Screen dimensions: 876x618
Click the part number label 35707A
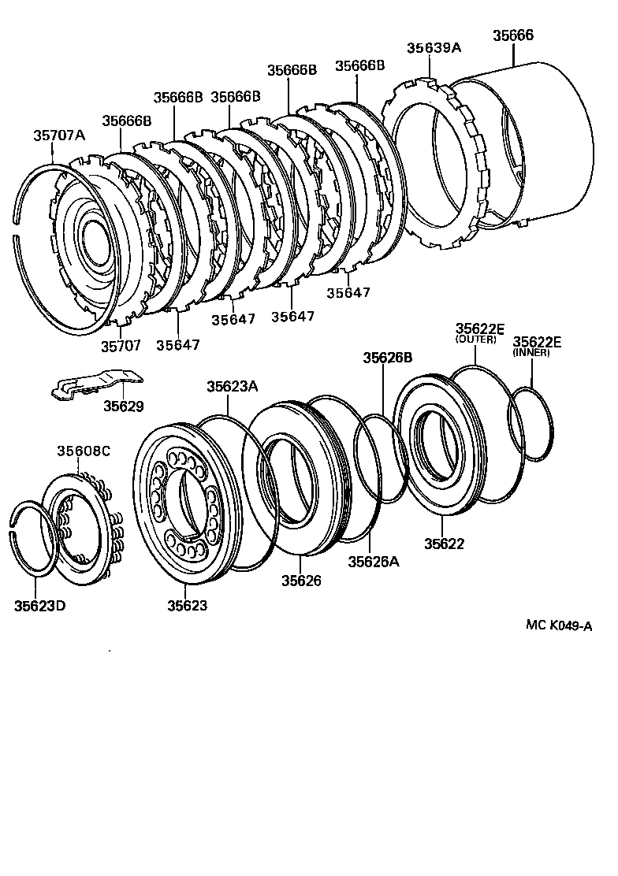pos(58,135)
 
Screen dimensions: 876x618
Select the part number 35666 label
pos(513,35)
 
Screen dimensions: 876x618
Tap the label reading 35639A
pos(434,47)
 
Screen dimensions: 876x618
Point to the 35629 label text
pos(124,406)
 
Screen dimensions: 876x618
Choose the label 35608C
pos(83,451)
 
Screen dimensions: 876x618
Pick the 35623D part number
pos(39,605)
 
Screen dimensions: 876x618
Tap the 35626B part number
pos(387,357)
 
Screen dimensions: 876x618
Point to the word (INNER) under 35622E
pos(531,352)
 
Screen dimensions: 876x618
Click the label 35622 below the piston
pos(445,544)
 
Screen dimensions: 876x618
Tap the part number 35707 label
pos(121,344)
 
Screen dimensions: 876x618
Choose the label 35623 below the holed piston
pos(187,605)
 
